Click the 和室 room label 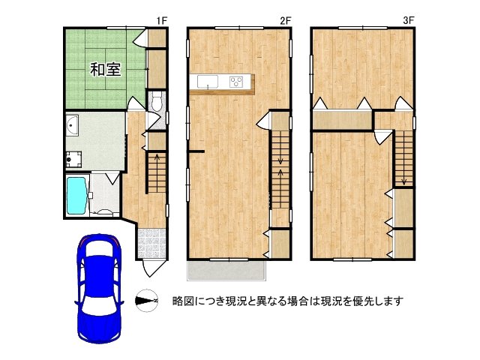tap(106, 70)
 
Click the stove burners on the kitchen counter tap(238, 81)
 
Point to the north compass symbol tap(147, 301)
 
